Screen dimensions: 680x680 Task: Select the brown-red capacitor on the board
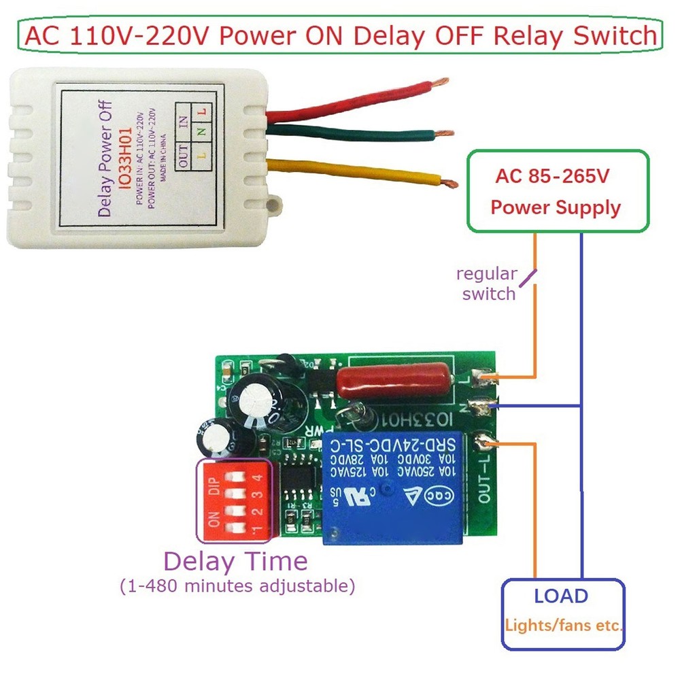click(x=394, y=382)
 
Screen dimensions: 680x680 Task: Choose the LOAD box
click(x=562, y=614)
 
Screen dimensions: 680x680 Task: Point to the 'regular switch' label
click(x=486, y=284)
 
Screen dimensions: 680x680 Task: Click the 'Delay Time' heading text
click(x=235, y=562)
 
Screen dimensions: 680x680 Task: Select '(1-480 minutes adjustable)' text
click(x=237, y=585)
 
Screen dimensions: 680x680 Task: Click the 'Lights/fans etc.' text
click(x=564, y=624)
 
